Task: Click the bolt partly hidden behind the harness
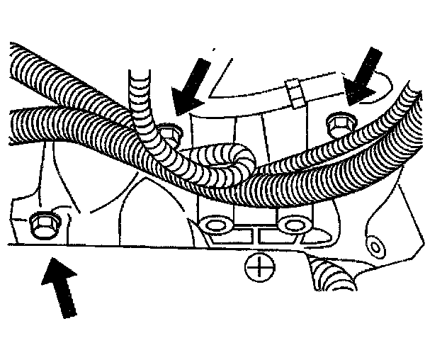169,132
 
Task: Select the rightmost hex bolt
338,125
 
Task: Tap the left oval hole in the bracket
212,225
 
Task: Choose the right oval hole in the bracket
290,225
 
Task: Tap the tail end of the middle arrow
206,60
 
